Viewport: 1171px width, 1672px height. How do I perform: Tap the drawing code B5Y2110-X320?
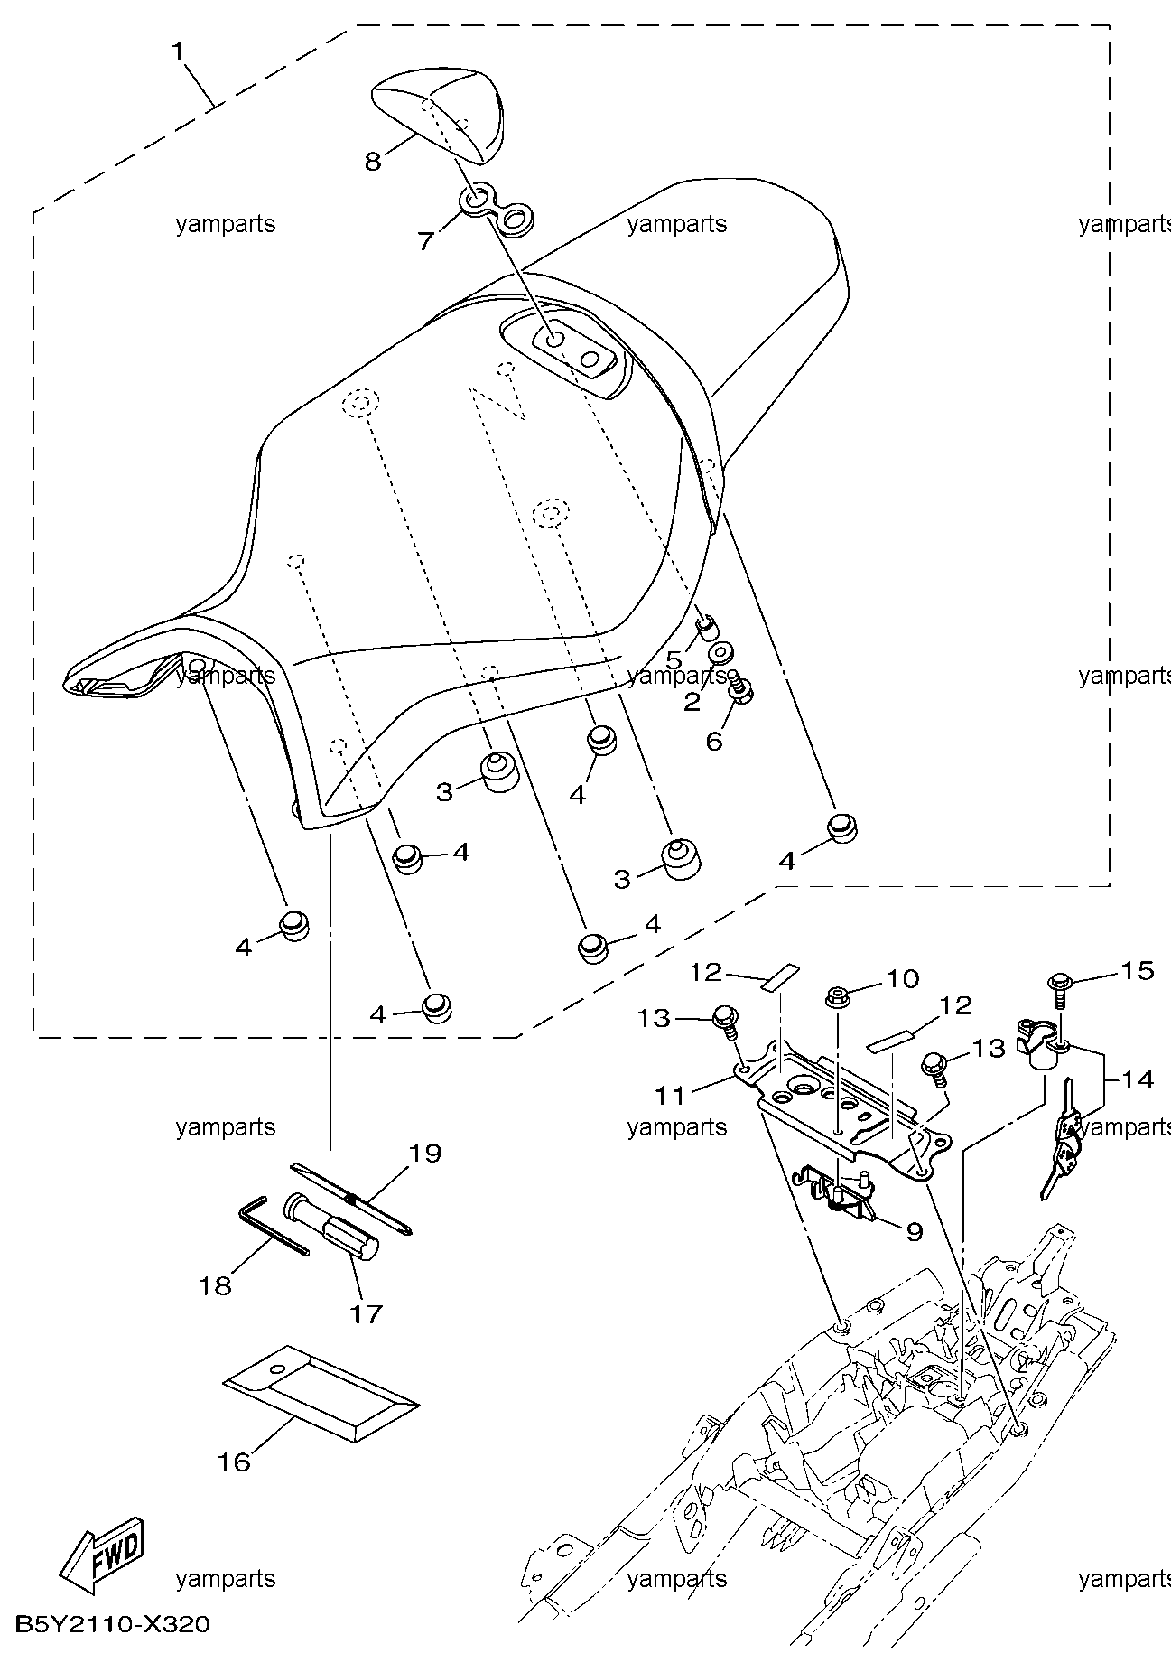113,1625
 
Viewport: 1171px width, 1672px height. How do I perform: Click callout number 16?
234,1462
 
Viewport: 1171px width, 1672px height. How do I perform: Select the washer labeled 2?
720,653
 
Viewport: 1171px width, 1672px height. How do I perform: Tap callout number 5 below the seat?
674,660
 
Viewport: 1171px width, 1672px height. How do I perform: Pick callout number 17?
367,1313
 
